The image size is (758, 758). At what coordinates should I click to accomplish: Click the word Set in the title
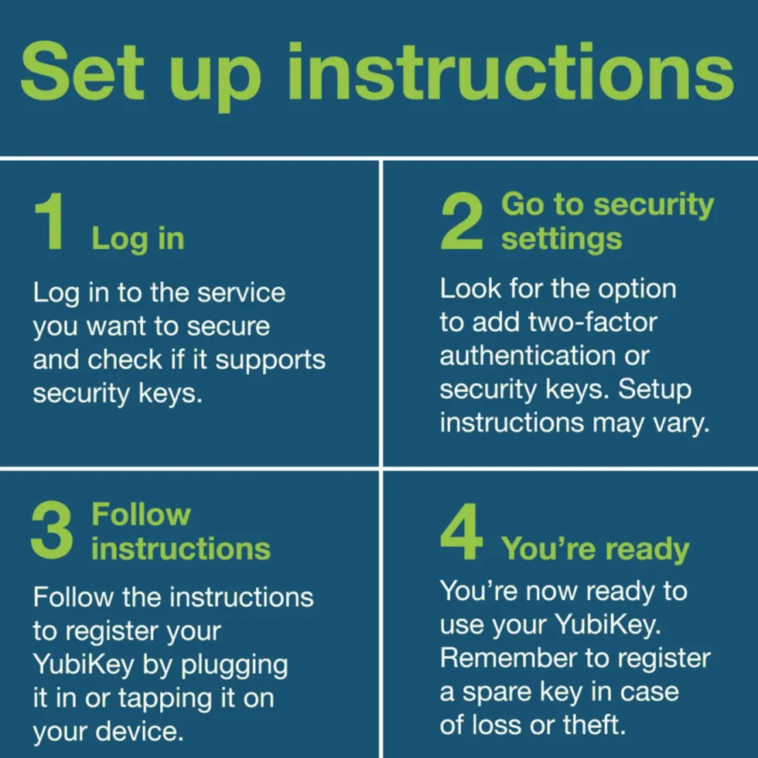point(82,71)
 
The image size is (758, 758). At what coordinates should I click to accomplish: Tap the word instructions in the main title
point(511,71)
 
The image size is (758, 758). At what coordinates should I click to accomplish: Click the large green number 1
point(50,221)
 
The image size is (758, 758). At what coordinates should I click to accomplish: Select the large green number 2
point(462,221)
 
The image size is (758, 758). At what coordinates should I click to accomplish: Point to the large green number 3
point(53,531)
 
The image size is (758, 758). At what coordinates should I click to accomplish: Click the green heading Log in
point(138,239)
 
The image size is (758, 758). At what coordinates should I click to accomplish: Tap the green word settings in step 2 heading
point(562,239)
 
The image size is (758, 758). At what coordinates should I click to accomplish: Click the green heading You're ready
point(595,550)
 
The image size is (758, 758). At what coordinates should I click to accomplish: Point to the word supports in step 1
point(270,360)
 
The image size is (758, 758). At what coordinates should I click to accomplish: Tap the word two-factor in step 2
point(592,323)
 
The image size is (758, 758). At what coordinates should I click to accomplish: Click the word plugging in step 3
point(234,666)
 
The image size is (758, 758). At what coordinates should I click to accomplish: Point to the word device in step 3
point(140,732)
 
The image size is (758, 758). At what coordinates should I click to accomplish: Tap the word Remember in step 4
point(509,658)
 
